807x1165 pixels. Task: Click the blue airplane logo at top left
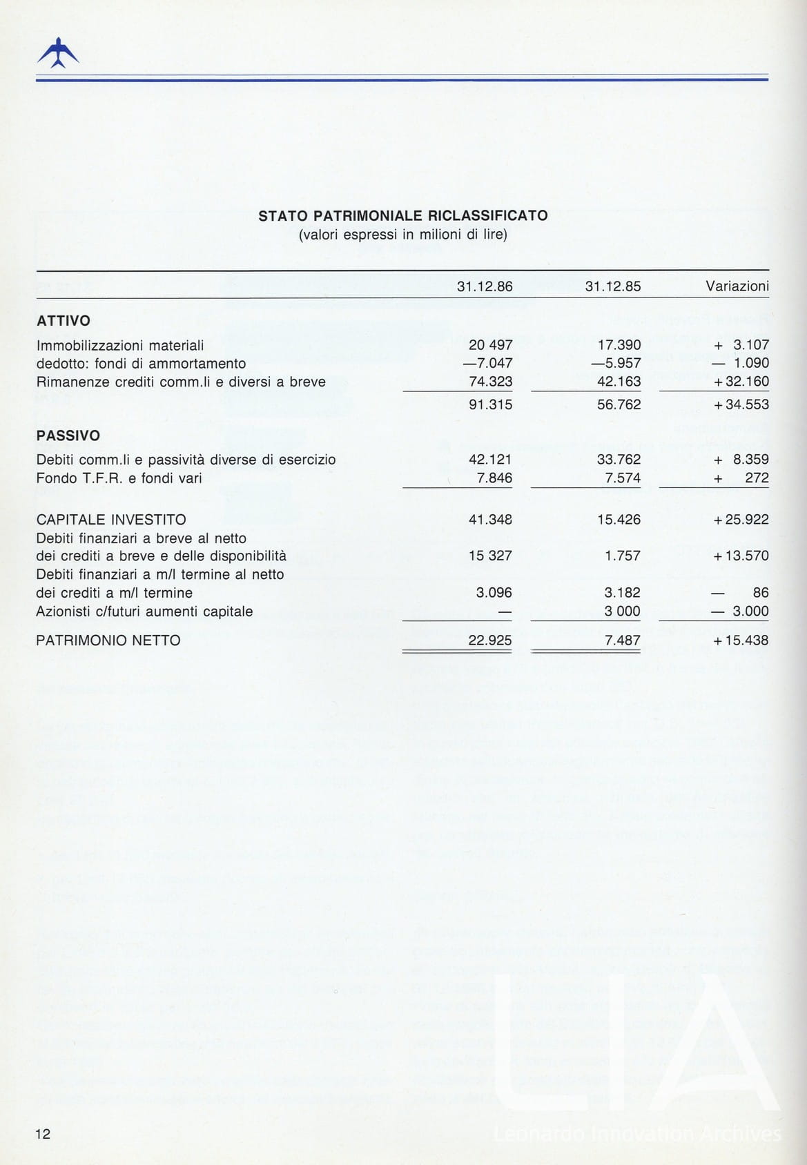[x=57, y=53]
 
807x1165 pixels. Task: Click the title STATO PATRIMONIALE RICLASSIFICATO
[x=402, y=215]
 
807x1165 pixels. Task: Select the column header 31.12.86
[x=485, y=286]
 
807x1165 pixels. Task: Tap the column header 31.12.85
[x=612, y=286]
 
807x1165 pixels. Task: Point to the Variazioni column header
[x=737, y=286]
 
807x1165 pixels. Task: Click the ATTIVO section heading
[x=63, y=321]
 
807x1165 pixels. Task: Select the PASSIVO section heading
[x=68, y=436]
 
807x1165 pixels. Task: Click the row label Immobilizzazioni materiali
[x=119, y=345]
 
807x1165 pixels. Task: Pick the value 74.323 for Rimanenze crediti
[x=490, y=382]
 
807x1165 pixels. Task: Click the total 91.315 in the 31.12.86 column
[x=490, y=404]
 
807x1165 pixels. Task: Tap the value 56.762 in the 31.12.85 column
[x=619, y=404]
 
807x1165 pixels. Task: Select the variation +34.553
[x=741, y=404]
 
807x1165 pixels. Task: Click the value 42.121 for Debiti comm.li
[x=490, y=460]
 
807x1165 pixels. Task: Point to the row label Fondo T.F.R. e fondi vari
[x=119, y=478]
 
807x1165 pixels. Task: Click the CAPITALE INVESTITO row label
[x=110, y=520]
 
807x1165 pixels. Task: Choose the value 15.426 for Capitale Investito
[x=619, y=520]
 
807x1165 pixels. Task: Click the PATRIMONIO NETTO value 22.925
[x=490, y=640]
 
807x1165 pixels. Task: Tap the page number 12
[x=43, y=1133]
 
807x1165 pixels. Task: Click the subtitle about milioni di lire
[x=402, y=235]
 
